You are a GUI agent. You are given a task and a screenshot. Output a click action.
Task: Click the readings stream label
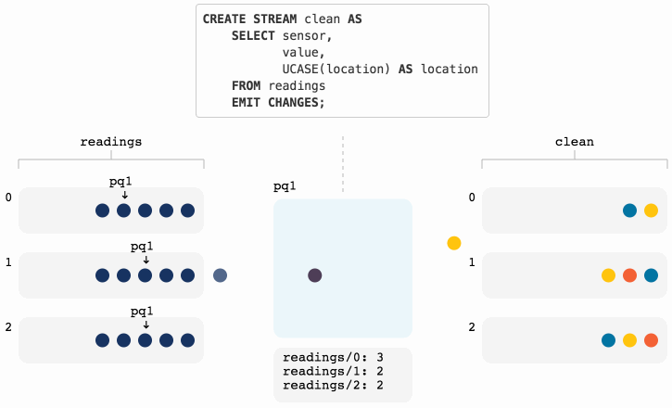tap(111, 142)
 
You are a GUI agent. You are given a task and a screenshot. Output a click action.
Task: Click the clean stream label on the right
tap(574, 142)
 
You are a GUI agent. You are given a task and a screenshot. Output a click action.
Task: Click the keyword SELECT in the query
tap(256, 36)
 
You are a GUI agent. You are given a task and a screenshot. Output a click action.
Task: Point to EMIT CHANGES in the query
tap(278, 102)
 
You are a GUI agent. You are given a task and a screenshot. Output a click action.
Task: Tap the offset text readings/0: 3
tap(327, 357)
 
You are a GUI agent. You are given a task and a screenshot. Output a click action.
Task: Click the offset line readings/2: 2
tap(327, 385)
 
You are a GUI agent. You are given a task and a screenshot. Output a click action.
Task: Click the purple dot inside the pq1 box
tap(314, 275)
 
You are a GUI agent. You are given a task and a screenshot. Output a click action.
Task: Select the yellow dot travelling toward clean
tap(453, 243)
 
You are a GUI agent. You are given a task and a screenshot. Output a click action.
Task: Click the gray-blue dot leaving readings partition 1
tap(220, 275)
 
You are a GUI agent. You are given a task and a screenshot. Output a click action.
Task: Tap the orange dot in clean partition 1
tap(629, 275)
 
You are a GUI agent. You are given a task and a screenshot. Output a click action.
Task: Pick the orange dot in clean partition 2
tap(651, 340)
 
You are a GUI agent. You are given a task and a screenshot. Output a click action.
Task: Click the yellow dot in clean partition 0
tap(651, 210)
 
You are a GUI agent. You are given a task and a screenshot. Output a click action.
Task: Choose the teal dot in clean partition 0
tap(629, 210)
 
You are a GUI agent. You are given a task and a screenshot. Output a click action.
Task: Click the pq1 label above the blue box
tap(285, 186)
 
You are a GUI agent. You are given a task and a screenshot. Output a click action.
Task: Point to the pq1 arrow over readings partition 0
tap(124, 195)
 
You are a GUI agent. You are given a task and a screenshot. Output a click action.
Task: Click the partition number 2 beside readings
tap(8, 327)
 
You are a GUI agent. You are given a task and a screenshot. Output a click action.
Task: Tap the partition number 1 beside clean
tap(471, 262)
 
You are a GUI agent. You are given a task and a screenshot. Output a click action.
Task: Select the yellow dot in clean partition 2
tap(629, 340)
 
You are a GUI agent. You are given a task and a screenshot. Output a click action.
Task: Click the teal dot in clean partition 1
tap(651, 275)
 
